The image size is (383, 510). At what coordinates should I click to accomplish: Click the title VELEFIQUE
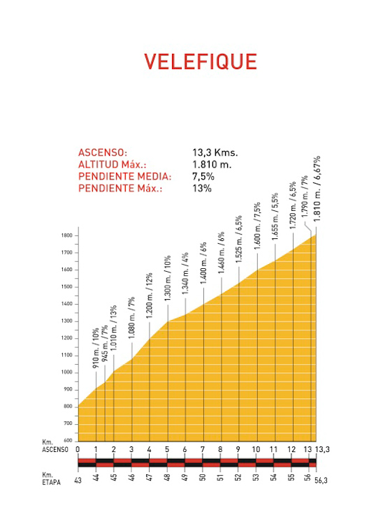point(201,61)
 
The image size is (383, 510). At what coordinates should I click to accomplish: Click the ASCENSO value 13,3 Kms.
point(215,152)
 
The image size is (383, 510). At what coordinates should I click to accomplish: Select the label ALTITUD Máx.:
point(113,165)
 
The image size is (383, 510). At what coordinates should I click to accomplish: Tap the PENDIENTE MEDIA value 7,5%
point(203,177)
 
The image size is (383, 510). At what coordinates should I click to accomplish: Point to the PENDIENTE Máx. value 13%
point(202,189)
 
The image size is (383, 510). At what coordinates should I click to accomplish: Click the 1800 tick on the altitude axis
point(66,235)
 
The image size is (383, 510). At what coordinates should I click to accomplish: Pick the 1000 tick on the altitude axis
point(66,372)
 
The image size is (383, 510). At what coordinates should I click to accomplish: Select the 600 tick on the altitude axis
point(68,441)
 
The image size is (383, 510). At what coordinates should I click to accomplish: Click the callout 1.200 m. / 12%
point(150,296)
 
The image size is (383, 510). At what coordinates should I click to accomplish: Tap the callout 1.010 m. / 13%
point(113,328)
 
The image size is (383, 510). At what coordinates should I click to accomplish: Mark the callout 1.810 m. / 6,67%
point(317,189)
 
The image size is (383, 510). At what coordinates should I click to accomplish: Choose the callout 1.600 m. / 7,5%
point(257,226)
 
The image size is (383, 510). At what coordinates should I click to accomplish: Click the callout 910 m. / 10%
point(96,349)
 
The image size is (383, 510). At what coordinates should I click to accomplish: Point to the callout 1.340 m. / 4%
point(185,274)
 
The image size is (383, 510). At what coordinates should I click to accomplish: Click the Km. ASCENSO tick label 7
point(203,449)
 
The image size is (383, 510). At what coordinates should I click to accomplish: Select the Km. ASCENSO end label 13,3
point(322,449)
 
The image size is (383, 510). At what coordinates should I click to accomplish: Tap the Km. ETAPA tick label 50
point(203,477)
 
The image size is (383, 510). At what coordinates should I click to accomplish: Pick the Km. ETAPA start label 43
point(78,480)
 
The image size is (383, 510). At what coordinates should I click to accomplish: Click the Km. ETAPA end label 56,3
point(321,481)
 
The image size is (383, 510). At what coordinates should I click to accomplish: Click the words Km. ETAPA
point(52,479)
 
